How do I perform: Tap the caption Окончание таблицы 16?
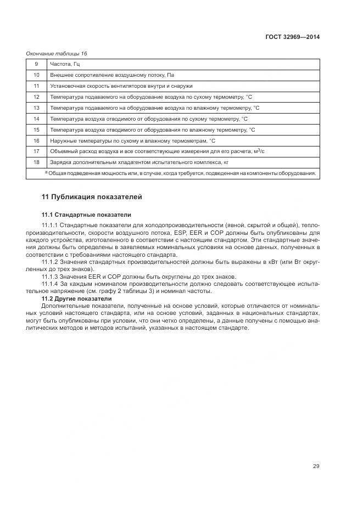57,54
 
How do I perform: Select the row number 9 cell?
36,64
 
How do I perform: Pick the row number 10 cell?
36,75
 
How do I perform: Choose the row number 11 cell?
36,86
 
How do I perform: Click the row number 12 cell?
36,97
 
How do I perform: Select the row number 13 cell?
36,108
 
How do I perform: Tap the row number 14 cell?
36,119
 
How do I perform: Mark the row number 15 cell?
36,129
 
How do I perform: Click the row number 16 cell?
36,140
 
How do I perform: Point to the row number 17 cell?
36,151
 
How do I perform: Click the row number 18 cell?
36,162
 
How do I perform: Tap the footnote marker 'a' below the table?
46,172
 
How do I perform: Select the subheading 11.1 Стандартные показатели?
86,215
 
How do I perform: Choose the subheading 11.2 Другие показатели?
76,299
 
